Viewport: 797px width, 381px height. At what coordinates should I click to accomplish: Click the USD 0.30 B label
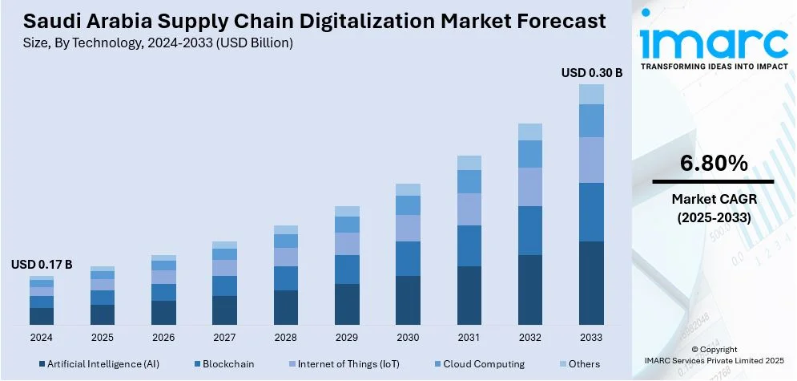pos(591,72)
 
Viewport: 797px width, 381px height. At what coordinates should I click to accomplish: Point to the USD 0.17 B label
pos(42,264)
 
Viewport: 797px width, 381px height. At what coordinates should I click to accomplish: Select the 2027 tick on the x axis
pos(224,337)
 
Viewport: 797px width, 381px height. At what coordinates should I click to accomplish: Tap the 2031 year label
pos(469,337)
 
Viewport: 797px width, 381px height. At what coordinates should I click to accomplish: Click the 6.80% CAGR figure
pos(714,164)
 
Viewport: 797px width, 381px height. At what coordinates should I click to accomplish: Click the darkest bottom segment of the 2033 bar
pos(591,282)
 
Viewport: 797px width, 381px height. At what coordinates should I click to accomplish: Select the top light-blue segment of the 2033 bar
pos(591,94)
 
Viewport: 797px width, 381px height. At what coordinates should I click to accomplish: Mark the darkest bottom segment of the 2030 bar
pos(408,300)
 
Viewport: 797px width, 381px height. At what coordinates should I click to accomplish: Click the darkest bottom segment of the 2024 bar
pos(42,316)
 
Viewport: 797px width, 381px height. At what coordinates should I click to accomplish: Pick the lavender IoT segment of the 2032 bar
pos(530,187)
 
